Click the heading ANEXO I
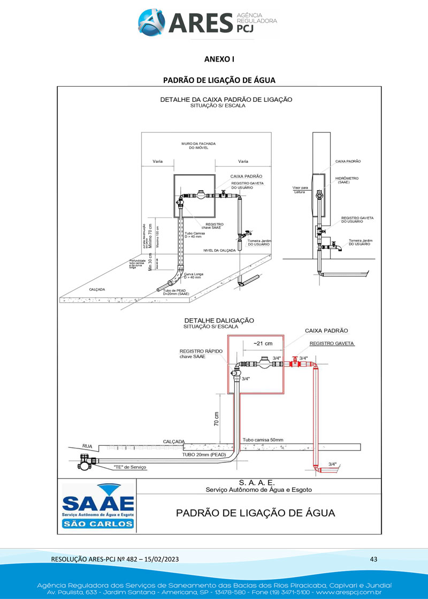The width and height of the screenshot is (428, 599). click(219, 59)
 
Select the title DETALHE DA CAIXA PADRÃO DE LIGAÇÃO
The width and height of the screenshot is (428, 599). click(226, 100)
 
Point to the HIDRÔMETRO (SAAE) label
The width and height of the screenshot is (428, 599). click(347, 180)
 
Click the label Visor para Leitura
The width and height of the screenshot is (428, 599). click(300, 190)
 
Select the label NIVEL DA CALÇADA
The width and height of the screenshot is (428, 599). click(219, 250)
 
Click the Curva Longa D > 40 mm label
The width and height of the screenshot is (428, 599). click(192, 275)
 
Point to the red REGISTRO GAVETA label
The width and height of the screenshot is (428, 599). click(332, 343)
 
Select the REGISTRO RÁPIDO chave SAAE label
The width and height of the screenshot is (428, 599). click(201, 354)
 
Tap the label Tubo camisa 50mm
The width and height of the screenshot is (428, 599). click(263, 440)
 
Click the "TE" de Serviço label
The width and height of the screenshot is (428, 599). click(130, 467)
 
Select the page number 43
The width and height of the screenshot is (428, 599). click(373, 559)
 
